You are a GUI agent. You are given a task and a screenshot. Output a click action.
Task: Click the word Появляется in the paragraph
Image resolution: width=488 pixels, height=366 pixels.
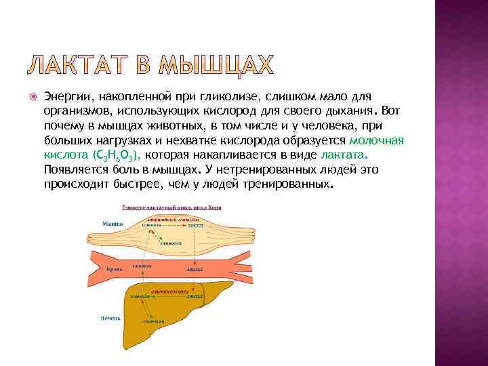click(x=76, y=170)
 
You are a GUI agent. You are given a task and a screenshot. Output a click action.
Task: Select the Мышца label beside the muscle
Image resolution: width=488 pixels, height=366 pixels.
click(x=112, y=224)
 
